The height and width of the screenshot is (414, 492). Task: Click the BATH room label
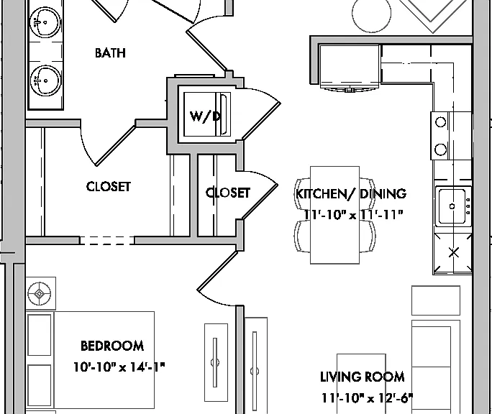click(110, 53)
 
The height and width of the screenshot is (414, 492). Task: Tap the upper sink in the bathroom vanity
click(45, 22)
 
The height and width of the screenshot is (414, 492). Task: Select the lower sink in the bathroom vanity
click(45, 80)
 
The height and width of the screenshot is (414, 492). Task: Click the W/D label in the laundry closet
click(205, 116)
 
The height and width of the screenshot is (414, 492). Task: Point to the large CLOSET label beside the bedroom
click(108, 187)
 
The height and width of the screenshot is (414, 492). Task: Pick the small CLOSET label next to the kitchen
click(228, 193)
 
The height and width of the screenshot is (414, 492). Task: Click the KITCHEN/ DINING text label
click(351, 193)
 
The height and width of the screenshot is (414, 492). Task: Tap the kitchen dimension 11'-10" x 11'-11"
click(353, 215)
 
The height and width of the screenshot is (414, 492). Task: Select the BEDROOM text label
click(112, 346)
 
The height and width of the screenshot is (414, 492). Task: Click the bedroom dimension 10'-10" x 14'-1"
click(119, 367)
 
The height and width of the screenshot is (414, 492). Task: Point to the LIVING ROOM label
click(362, 377)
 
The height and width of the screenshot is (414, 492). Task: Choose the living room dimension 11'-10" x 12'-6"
click(367, 398)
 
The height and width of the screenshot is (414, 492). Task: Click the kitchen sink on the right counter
click(453, 206)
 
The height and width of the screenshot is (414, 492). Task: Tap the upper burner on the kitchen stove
click(440, 121)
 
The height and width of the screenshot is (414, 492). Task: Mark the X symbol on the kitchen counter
click(454, 252)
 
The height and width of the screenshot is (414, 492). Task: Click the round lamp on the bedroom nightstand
click(40, 294)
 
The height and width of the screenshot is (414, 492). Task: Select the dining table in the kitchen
click(334, 215)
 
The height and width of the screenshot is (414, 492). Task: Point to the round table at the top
click(371, 13)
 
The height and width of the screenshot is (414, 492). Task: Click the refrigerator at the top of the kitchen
click(350, 65)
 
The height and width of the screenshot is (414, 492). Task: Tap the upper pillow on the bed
click(40, 335)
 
